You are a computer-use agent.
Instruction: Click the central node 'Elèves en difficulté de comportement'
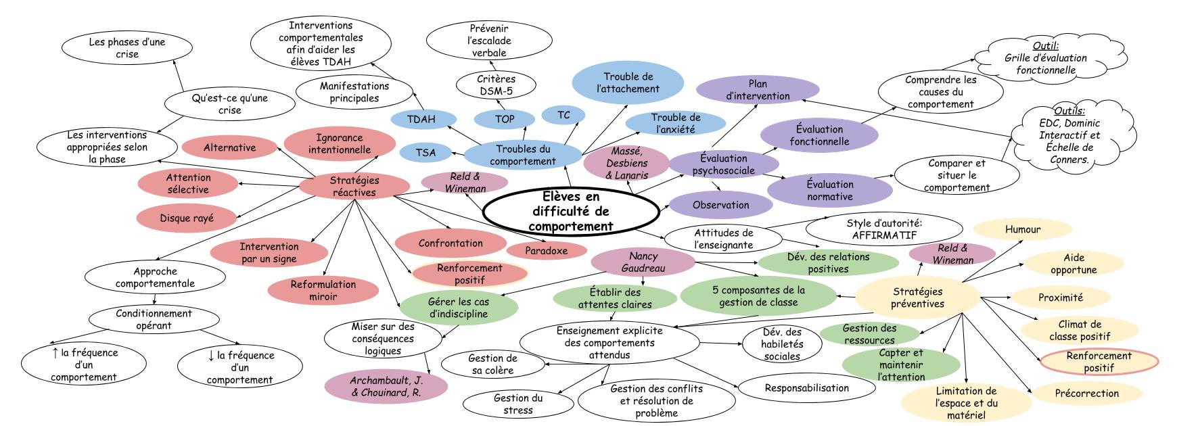pos(572,211)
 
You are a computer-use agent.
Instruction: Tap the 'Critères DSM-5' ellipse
pos(497,85)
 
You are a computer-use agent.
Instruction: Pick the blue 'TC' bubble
pos(563,115)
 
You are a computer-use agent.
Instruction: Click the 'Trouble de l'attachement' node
pos(628,82)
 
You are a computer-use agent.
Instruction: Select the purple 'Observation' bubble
pos(721,205)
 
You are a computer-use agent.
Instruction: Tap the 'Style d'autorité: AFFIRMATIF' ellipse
pos(884,229)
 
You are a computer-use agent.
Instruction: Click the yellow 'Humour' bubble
pos(1022,230)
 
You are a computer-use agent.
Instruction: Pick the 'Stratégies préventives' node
pos(917,298)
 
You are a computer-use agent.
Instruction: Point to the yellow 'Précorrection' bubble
pos(1086,394)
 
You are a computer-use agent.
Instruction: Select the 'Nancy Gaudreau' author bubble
pos(643,262)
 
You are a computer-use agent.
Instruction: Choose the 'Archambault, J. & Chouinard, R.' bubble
pos(386,385)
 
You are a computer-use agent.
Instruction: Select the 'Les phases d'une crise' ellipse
pos(126,47)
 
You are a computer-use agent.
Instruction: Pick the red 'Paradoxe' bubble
pos(547,250)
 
